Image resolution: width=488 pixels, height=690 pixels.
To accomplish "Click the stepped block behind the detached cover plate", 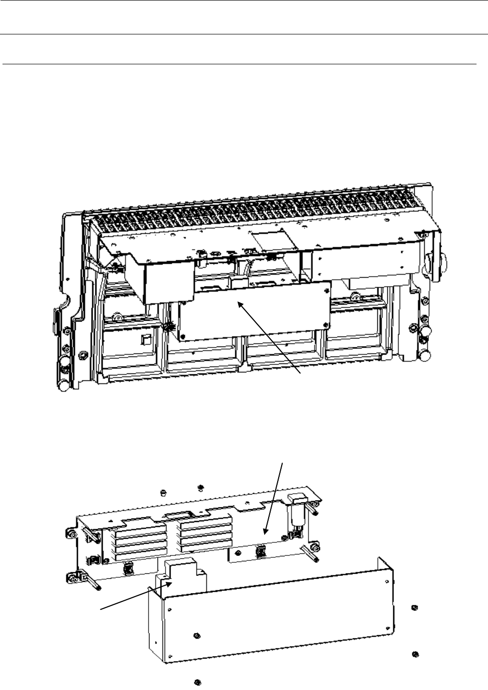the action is (181, 573).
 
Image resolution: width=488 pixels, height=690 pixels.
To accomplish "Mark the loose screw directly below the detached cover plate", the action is (197, 682).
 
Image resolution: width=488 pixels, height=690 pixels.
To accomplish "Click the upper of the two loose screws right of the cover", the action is (413, 607).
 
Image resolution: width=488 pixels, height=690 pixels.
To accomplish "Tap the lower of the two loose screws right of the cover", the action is (414, 654).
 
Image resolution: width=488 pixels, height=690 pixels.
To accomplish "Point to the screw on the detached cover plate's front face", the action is (196, 635).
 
